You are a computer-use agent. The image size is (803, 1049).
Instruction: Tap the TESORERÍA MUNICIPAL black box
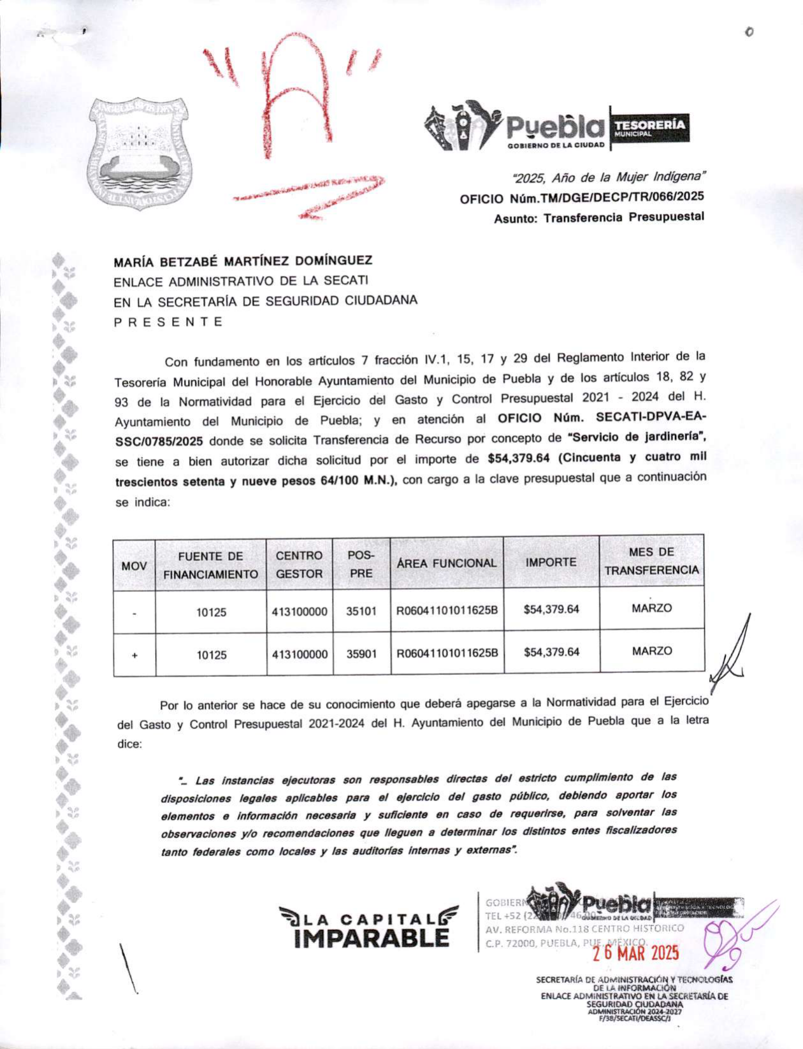click(649, 127)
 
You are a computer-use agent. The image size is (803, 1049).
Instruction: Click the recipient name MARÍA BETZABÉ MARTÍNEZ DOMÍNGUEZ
click(243, 261)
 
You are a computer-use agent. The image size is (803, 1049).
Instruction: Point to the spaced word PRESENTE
click(168, 322)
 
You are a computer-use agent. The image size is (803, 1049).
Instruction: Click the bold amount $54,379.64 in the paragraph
click(518, 458)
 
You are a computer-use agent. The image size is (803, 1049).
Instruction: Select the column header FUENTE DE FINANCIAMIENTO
click(210, 565)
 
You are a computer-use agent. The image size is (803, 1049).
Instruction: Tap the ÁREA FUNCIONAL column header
click(446, 563)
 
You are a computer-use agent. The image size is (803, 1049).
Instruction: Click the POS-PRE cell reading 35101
click(361, 611)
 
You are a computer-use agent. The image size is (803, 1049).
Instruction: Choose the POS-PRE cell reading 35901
click(361, 654)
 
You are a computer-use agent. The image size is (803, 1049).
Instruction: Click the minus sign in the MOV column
click(134, 613)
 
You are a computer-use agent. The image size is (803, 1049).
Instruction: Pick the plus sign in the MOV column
click(134, 655)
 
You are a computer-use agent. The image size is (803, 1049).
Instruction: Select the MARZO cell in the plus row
click(651, 651)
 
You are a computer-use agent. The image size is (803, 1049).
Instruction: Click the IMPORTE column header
click(551, 562)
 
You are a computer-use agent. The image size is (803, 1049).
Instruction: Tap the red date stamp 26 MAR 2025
click(636, 953)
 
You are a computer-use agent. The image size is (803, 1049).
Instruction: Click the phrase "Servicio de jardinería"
click(637, 438)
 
